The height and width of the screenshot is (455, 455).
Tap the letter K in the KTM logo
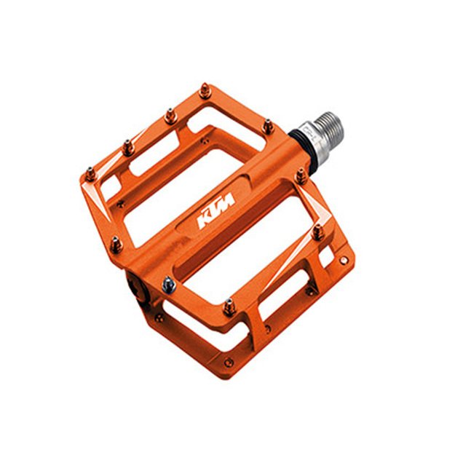pyautogui.click(x=203, y=221)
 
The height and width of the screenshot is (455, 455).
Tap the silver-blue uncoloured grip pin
pyautogui.click(x=169, y=285)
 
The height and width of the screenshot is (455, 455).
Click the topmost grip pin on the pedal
pyautogui.click(x=205, y=91)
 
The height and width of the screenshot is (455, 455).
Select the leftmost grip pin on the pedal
pyautogui.click(x=91, y=174)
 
